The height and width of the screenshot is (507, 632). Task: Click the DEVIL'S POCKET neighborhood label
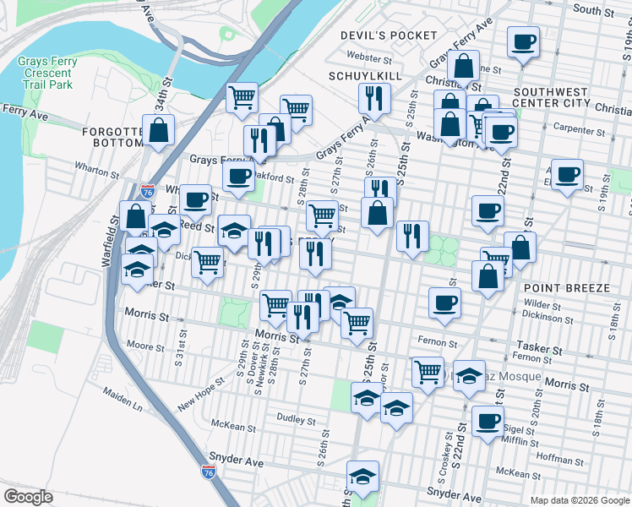pos(390,35)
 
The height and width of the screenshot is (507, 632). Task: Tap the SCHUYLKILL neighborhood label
pos(363,76)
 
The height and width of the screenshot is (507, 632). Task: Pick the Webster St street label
pos(369,59)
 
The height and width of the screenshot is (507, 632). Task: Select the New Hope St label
pos(200,394)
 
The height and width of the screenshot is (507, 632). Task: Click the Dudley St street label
pos(295,420)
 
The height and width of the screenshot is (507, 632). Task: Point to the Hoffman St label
pos(554,458)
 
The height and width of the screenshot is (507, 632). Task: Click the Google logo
pos(30,496)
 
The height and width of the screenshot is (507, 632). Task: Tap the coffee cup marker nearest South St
pos(523,42)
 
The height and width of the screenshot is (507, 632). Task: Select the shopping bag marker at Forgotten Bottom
pos(158,131)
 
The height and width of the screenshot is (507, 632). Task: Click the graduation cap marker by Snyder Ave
pos(362,477)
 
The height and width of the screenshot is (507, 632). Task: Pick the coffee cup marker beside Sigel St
pos(487,421)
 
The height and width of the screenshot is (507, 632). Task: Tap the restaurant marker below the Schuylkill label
pos(373,98)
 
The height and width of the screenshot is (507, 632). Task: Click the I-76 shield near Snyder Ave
pos(209,471)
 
